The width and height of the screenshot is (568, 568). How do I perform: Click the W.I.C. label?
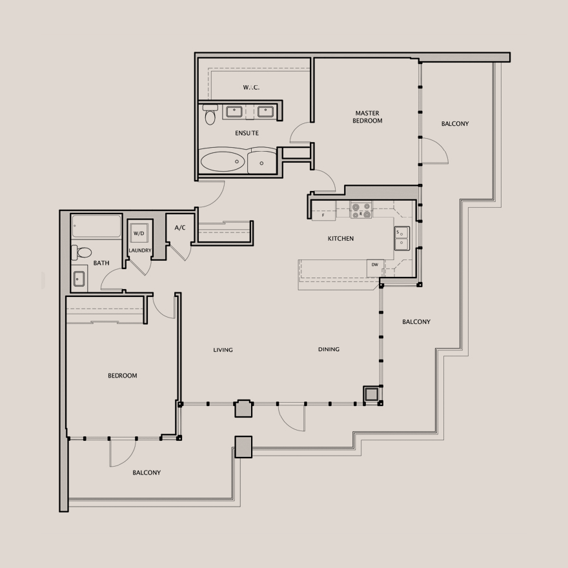coord(251,87)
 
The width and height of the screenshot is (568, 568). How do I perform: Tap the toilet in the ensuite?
coord(210,114)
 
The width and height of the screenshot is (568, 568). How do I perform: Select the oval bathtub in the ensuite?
coord(223,161)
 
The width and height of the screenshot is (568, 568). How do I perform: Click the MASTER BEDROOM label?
coord(367,117)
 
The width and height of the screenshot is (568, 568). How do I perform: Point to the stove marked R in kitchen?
coord(361,210)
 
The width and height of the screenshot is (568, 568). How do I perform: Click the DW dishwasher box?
coord(375,268)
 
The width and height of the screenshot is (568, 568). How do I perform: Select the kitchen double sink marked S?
coord(401,238)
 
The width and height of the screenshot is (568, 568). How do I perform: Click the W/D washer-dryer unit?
coord(139,233)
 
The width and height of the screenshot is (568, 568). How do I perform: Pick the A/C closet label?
coord(180,227)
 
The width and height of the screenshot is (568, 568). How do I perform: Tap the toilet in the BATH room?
coord(81,252)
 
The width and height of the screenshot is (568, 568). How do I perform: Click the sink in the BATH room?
coord(79,279)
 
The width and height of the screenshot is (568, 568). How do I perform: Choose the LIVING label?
coord(223,350)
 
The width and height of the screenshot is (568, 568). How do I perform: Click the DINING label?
coord(329,349)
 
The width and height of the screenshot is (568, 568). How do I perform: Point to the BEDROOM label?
coord(123,376)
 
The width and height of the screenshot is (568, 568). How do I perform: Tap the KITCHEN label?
coord(341,238)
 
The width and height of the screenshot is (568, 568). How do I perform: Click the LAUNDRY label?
coord(140,250)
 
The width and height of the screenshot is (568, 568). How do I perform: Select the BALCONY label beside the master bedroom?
coord(455,123)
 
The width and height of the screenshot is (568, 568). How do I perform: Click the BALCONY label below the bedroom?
coord(147,472)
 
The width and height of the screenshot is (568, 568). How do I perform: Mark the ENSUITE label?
coord(247,133)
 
